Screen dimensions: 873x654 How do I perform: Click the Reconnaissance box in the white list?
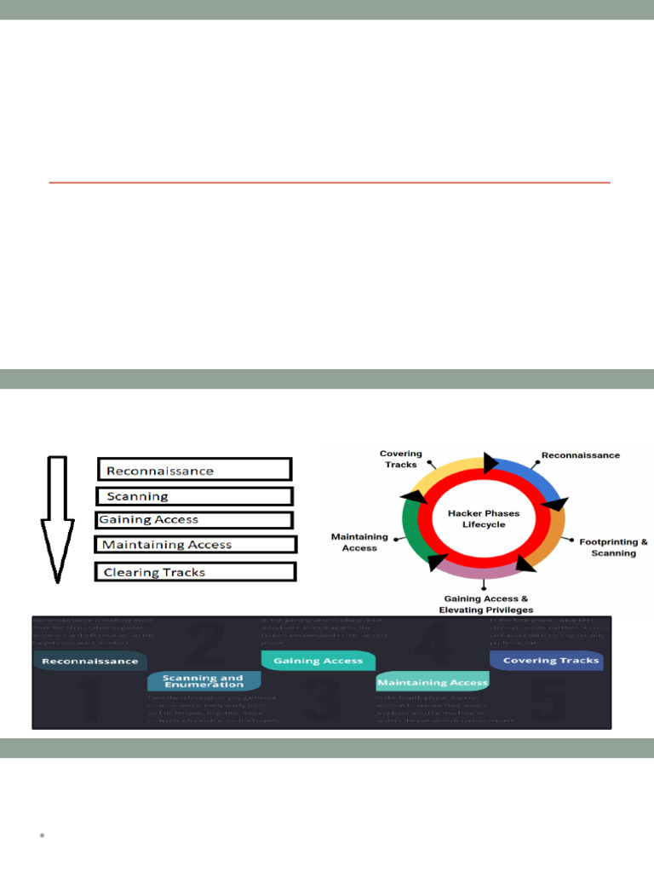[x=195, y=470]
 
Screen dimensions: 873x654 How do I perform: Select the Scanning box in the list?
[x=195, y=496]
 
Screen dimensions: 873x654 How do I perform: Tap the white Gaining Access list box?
[x=194, y=519]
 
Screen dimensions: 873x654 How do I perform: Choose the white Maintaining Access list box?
[x=196, y=544]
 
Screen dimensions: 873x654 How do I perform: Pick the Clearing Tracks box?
[x=196, y=572]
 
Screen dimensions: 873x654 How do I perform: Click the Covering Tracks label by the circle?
[x=400, y=459]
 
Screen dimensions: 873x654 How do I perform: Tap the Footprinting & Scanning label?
[x=613, y=547]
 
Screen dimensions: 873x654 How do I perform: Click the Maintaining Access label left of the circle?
[x=359, y=542]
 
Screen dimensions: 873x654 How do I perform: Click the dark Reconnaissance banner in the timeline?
[x=90, y=661]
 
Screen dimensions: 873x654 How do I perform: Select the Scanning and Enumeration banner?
[x=203, y=681]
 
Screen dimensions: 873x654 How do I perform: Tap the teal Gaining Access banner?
[x=318, y=660]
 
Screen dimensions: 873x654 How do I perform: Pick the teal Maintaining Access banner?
[x=433, y=682]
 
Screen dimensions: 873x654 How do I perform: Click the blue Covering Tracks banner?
[x=546, y=660]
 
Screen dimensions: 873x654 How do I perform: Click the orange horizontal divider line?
[x=330, y=182]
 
